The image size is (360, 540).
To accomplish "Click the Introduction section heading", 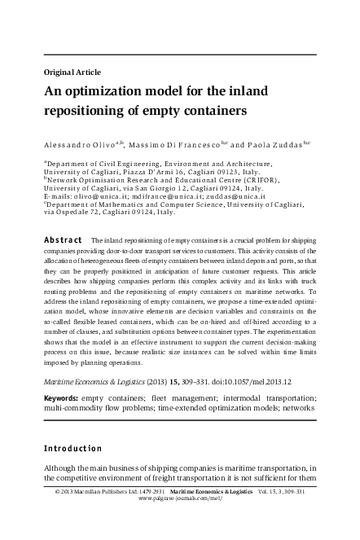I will [x=73, y=449].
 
